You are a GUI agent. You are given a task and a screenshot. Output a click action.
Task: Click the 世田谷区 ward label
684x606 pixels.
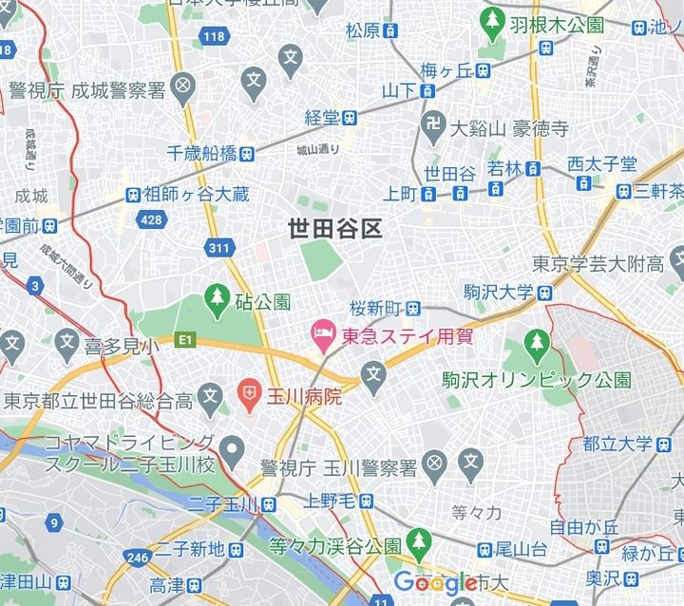(334, 229)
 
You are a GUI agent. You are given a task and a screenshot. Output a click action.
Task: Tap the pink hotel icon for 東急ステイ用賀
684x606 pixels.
(321, 333)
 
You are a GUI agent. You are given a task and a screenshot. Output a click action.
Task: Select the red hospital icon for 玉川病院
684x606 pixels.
(249, 392)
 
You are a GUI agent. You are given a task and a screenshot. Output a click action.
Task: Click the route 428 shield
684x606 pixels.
(150, 219)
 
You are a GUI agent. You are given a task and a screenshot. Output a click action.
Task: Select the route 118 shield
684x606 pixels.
(212, 36)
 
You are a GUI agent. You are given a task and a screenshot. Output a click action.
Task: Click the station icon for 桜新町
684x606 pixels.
(413, 308)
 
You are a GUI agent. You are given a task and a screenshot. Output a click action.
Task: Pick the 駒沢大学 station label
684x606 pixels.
(498, 292)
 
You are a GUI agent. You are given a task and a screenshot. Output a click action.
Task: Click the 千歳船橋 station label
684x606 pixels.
(201, 153)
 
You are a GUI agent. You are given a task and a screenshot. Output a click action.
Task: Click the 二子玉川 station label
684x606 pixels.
(217, 503)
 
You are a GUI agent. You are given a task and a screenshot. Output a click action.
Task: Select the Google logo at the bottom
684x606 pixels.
(434, 582)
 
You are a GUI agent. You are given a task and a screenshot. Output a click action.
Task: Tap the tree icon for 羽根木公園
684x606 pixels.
(492, 18)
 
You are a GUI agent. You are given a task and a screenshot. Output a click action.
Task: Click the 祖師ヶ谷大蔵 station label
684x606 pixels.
(196, 195)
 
